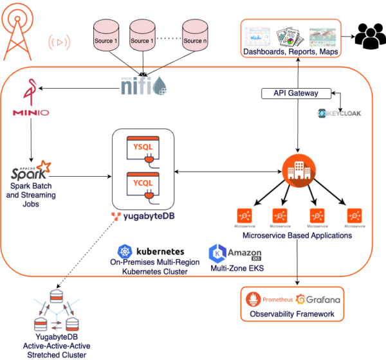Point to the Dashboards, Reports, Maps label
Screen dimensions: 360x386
[x=290, y=51]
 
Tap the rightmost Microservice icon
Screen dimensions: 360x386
[x=353, y=215]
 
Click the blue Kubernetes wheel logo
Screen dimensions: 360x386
[x=125, y=251]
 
